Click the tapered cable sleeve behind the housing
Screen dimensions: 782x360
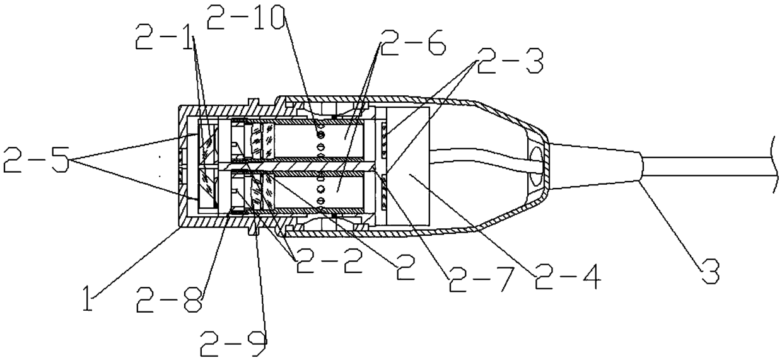tap(593, 166)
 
